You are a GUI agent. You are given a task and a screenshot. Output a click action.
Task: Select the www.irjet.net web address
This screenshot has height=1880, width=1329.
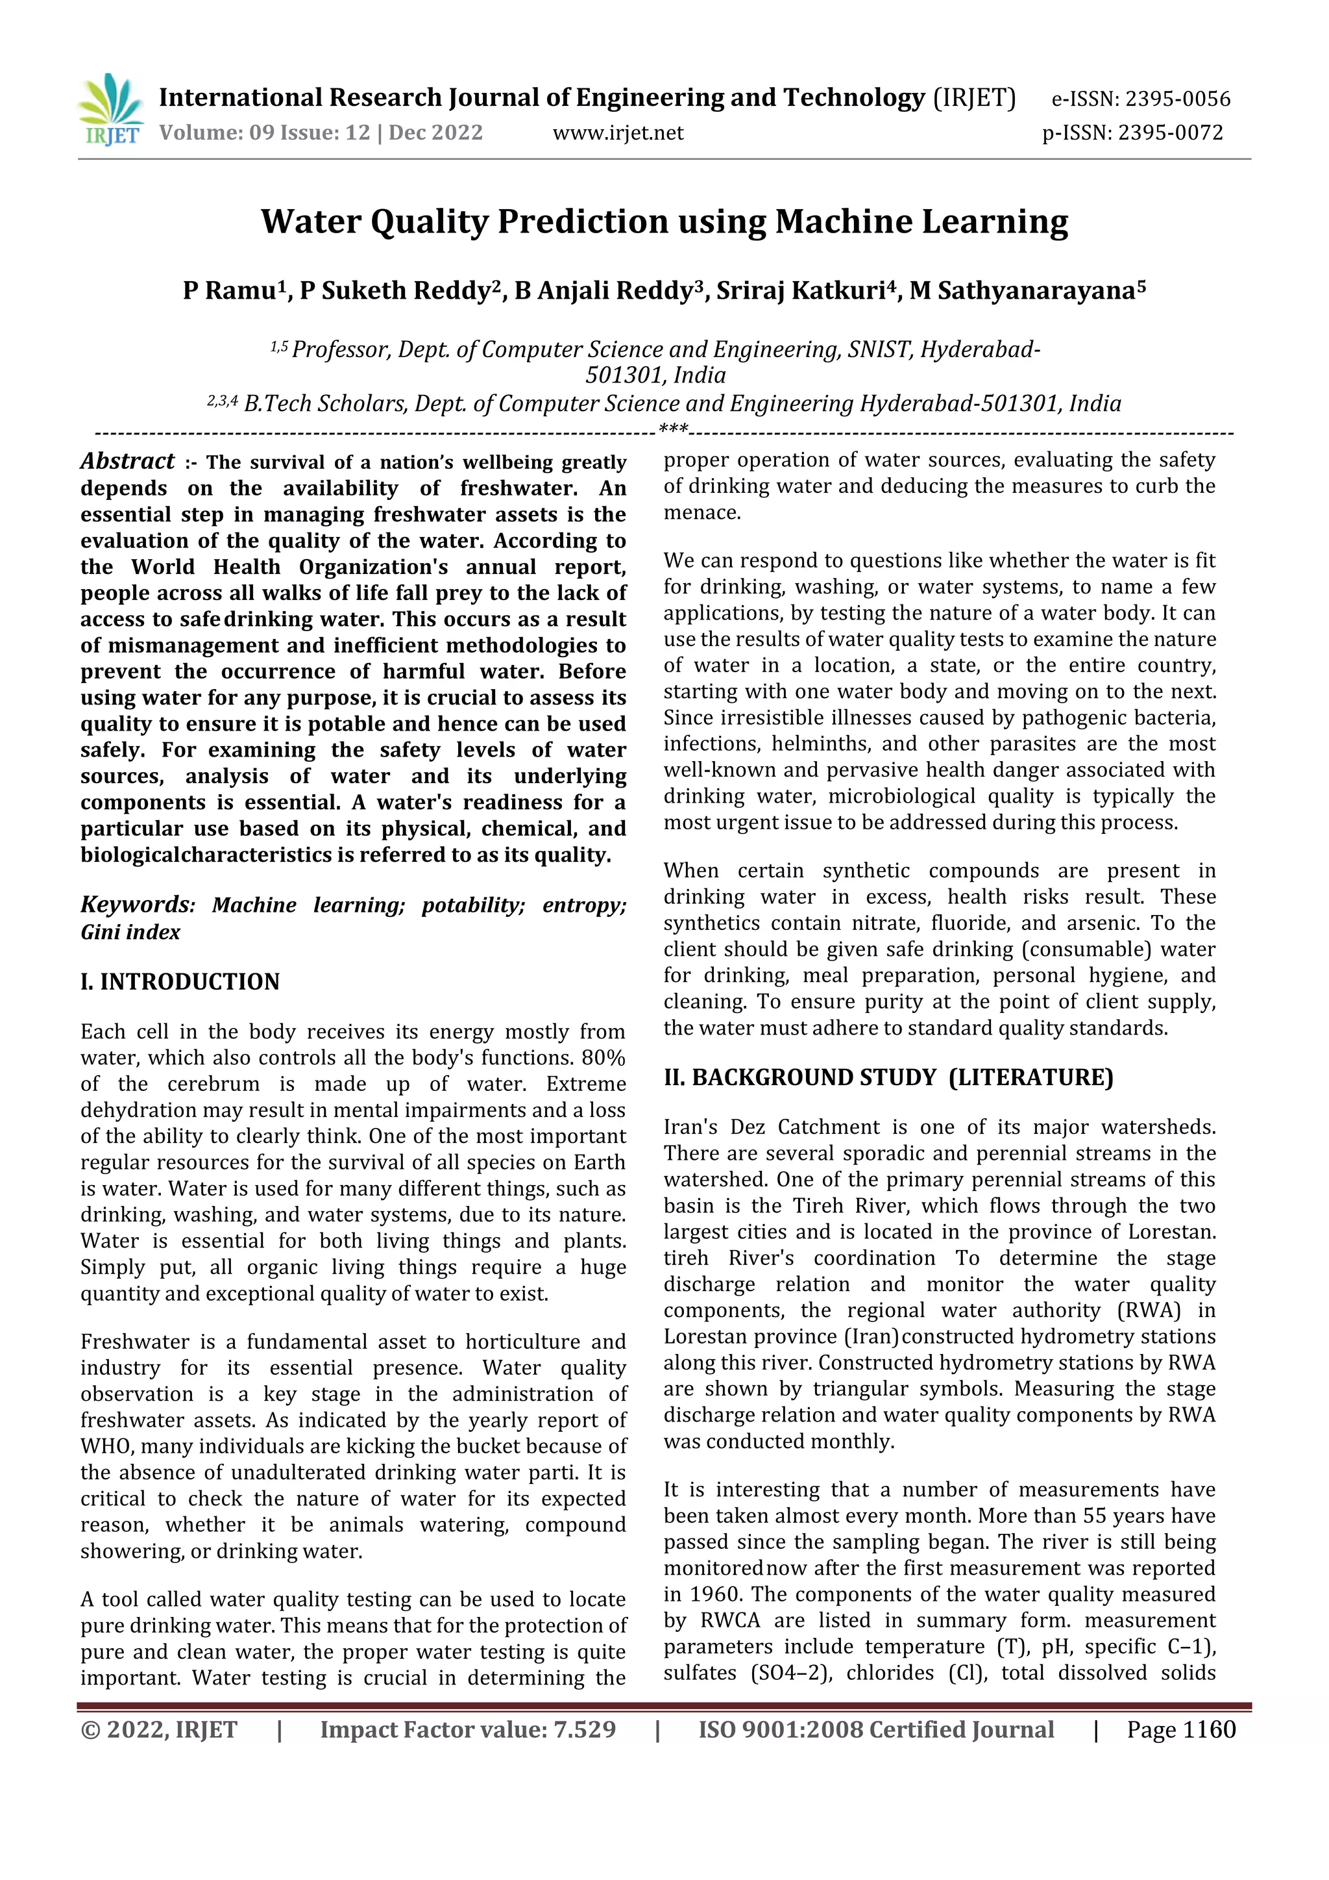pos(618,132)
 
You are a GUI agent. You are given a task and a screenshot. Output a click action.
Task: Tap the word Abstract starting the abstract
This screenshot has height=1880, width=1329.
pos(128,462)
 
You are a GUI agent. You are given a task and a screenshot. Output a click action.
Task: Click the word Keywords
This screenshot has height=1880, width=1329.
pos(135,905)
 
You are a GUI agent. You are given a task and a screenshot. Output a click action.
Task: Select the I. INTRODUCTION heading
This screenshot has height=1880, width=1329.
pos(180,982)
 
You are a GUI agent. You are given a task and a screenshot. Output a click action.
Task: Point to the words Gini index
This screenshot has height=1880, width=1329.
pos(131,933)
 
